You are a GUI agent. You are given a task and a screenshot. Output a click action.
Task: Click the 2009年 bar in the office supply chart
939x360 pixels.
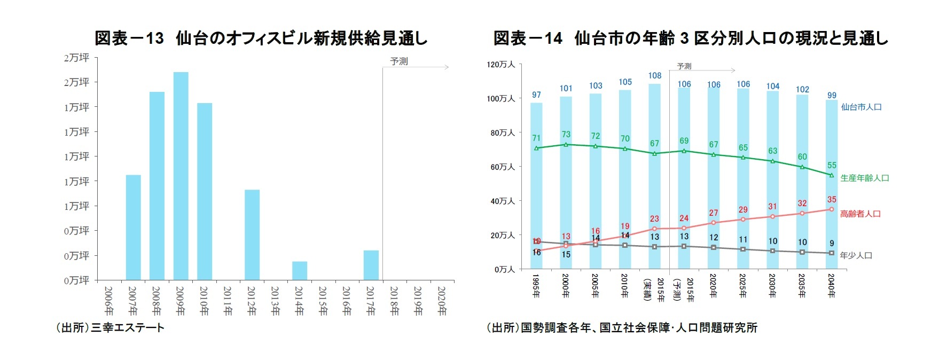pyautogui.click(x=181, y=176)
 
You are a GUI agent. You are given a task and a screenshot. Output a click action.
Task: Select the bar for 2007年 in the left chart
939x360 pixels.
pyautogui.click(x=133, y=228)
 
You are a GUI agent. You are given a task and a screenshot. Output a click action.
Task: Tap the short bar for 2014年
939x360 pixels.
pyautogui.click(x=300, y=271)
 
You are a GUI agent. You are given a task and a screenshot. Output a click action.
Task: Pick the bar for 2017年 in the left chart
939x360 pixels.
pyautogui.click(x=371, y=265)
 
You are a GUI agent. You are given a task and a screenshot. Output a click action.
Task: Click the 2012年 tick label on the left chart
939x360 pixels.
pyautogui.click(x=252, y=301)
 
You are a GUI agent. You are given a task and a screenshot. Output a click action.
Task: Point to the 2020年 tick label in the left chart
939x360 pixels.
pyautogui.click(x=442, y=301)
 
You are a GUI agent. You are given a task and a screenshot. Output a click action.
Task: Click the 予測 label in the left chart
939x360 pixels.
pyautogui.click(x=398, y=61)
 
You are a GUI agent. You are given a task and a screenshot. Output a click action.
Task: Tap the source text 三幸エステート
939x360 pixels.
pyautogui.click(x=127, y=328)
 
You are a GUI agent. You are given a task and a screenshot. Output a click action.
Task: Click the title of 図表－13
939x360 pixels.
pyautogui.click(x=261, y=38)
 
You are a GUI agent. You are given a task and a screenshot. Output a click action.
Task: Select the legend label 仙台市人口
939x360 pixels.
pyautogui.click(x=861, y=107)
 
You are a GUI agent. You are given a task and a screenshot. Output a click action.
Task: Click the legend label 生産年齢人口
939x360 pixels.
pyautogui.click(x=864, y=178)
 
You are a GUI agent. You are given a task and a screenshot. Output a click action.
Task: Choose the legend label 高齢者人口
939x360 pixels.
pyautogui.click(x=860, y=214)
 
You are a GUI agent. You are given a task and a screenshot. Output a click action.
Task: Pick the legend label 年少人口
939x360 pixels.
pyautogui.click(x=856, y=255)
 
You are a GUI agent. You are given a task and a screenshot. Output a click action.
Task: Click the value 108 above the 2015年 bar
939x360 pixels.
pyautogui.click(x=655, y=76)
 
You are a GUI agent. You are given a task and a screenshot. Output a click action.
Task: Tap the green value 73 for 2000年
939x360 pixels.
pyautogui.click(x=566, y=135)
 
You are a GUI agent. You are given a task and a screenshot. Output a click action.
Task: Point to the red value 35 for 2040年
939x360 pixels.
pyautogui.click(x=832, y=200)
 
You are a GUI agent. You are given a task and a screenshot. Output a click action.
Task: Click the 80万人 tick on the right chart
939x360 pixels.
pyautogui.click(x=503, y=132)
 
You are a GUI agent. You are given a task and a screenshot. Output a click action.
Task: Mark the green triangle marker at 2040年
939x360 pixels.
pyautogui.click(x=832, y=175)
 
